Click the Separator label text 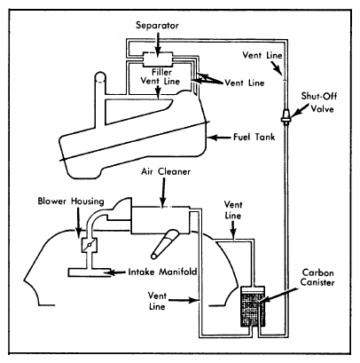click(157, 26)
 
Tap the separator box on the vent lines click(158, 59)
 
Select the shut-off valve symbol click(286, 116)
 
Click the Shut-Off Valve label click(319, 102)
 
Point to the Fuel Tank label click(254, 137)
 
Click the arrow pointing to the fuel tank click(219, 138)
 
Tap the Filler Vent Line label click(160, 76)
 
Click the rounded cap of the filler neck click(100, 77)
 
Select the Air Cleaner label click(166, 171)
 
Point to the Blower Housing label click(71, 201)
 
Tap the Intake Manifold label click(162, 272)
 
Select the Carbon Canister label click(317, 277)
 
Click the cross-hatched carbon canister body click(253, 309)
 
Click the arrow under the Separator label click(158, 43)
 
